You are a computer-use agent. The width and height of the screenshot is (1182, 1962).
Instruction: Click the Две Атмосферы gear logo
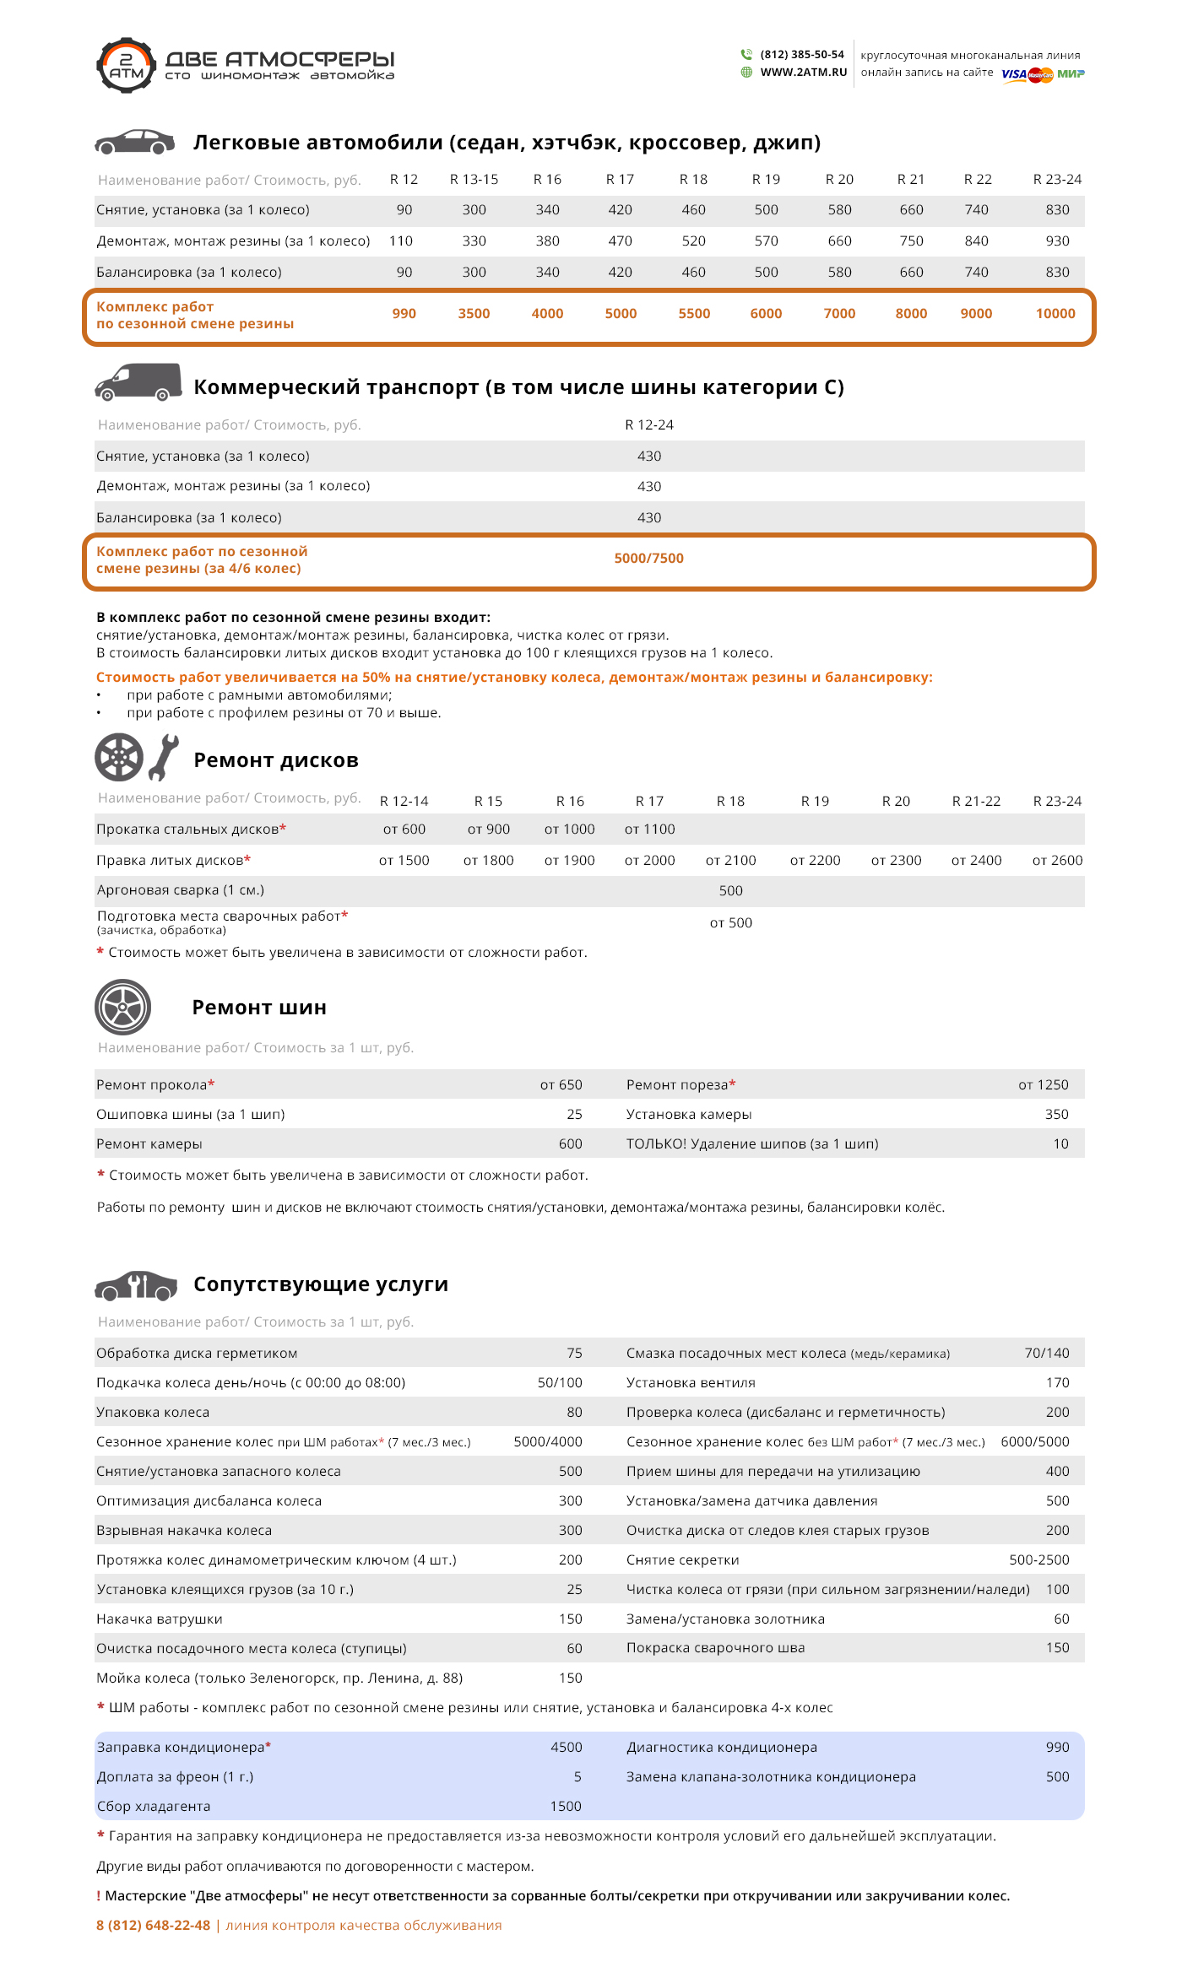(126, 64)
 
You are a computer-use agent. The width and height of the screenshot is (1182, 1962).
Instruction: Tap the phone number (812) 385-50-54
(801, 55)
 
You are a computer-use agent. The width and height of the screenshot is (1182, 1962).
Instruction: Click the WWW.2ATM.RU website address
(803, 73)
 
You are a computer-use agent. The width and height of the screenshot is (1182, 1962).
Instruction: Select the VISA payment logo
(1013, 74)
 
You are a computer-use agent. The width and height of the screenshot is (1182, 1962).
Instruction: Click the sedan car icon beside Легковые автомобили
(134, 142)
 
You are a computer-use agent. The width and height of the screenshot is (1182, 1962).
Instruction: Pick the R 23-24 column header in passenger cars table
(1057, 180)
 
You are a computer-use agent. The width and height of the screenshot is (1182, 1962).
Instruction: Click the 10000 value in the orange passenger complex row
(1055, 314)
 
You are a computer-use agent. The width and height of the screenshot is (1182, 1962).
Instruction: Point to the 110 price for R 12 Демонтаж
(401, 241)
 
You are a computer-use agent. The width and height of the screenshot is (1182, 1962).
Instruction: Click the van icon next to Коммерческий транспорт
(138, 382)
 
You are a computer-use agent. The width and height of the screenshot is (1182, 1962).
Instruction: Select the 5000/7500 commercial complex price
(648, 559)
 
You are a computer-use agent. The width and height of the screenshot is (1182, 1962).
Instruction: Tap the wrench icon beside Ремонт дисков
(164, 757)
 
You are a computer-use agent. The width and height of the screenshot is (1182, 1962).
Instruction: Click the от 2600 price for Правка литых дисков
(1057, 861)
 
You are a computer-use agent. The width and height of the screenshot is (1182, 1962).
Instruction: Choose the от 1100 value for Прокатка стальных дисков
(649, 830)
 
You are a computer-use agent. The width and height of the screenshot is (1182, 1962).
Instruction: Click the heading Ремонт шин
(259, 1008)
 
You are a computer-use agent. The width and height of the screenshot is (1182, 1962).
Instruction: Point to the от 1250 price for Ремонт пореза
(1043, 1085)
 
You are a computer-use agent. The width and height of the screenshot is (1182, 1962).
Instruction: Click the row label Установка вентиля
(691, 1383)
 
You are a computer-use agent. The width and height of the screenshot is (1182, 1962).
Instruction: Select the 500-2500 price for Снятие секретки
(1038, 1560)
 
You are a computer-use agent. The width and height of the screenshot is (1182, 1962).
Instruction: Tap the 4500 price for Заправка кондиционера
(566, 1748)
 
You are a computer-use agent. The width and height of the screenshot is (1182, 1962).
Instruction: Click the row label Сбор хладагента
(154, 1807)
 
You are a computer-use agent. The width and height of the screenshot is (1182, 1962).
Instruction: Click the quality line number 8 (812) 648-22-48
(153, 1926)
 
